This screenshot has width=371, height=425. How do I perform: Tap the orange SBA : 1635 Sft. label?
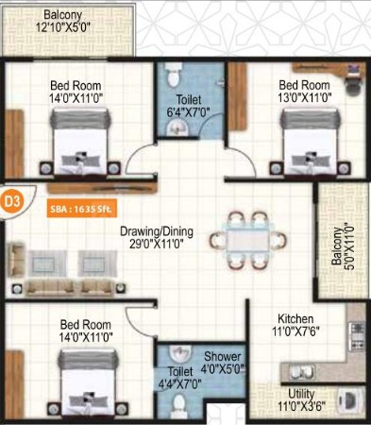tap(82, 209)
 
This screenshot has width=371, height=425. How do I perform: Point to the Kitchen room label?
tap(295, 319)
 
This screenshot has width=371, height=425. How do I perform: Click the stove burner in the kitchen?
tap(357, 336)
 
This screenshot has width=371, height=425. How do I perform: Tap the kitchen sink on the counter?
tap(302, 372)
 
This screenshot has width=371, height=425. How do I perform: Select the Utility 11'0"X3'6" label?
tap(301, 399)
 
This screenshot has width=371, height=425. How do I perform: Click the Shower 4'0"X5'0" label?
tap(223, 363)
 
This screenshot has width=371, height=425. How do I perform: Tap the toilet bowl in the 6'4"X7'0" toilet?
tap(172, 76)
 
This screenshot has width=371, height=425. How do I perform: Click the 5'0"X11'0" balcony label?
tap(342, 246)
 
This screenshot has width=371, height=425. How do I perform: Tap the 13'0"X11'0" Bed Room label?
tap(305, 92)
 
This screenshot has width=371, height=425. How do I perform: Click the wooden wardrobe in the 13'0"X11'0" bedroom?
tap(237, 96)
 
